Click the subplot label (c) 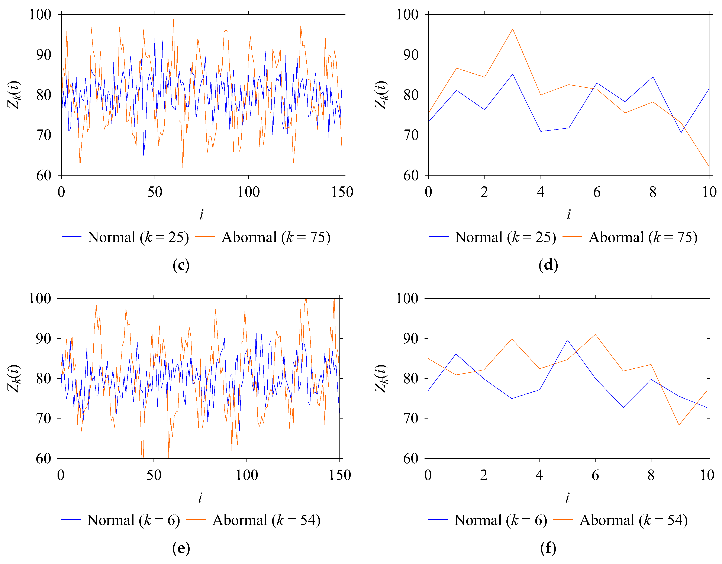click(x=181, y=265)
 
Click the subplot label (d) click(x=548, y=265)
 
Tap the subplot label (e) click(x=181, y=548)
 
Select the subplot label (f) click(x=548, y=548)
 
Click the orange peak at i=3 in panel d click(x=512, y=29)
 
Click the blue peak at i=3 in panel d click(x=512, y=74)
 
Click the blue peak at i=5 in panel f click(x=567, y=340)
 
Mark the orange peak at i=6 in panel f click(x=595, y=334)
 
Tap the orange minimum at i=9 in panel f click(x=679, y=425)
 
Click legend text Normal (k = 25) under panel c click(x=138, y=237)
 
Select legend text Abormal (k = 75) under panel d click(x=643, y=237)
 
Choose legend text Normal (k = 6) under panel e click(x=133, y=520)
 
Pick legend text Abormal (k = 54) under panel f click(x=634, y=520)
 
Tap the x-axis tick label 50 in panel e click(x=154, y=475)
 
